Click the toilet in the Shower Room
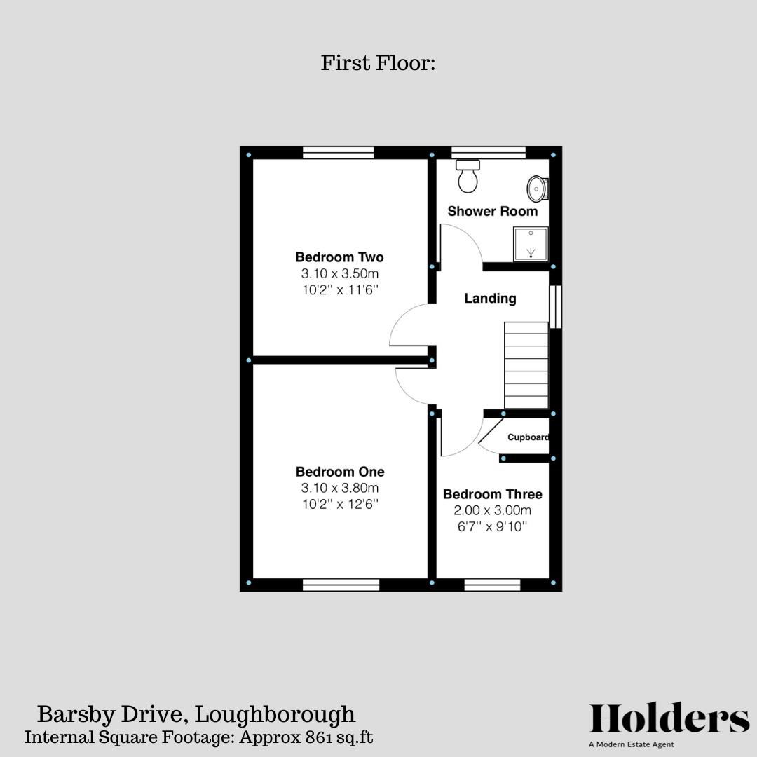[468, 176]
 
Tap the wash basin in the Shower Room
[537, 189]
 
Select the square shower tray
[531, 243]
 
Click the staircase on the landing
[526, 365]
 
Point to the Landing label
[490, 299]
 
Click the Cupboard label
[528, 437]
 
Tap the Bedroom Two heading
[339, 257]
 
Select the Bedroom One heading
[339, 472]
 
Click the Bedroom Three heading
[492, 494]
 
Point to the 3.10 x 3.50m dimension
[339, 273]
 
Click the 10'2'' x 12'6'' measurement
[339, 504]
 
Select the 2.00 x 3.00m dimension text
[492, 510]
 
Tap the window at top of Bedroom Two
[338, 153]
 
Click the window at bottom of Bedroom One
[341, 585]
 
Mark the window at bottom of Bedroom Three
[492, 585]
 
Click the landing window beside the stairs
[555, 306]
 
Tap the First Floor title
[378, 63]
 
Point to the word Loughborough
[275, 715]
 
